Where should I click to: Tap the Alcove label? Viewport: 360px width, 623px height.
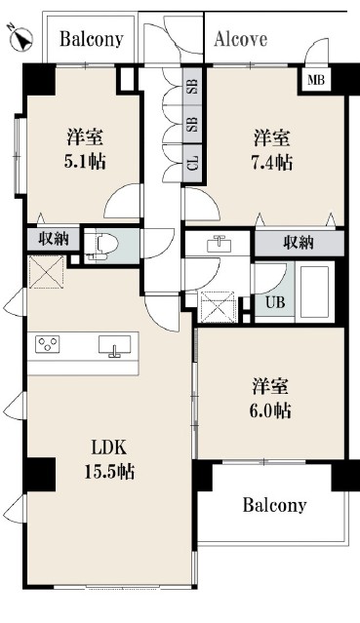pyautogui.click(x=241, y=39)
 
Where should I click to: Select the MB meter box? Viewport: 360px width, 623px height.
pyautogui.click(x=317, y=81)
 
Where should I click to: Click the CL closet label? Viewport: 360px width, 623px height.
pyautogui.click(x=193, y=164)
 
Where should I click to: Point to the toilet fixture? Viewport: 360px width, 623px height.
pyautogui.click(x=101, y=247)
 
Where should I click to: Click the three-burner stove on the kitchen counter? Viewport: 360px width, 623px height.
pyautogui.click(x=48, y=344)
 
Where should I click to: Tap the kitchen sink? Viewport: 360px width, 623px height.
pyautogui.click(x=114, y=344)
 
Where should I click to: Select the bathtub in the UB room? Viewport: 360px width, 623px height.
pyautogui.click(x=315, y=292)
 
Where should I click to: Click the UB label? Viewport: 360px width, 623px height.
pyautogui.click(x=275, y=302)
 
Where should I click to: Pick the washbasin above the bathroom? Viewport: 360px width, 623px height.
pyautogui.click(x=218, y=243)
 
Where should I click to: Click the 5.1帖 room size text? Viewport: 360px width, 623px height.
pyautogui.click(x=85, y=162)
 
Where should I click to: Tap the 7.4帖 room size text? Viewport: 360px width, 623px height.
pyautogui.click(x=272, y=162)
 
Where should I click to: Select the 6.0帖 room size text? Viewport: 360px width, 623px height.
pyautogui.click(x=270, y=410)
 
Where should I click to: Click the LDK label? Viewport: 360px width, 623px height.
pyautogui.click(x=109, y=448)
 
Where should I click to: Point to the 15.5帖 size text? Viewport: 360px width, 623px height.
pyautogui.click(x=109, y=471)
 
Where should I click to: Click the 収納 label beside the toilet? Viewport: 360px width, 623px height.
pyautogui.click(x=54, y=239)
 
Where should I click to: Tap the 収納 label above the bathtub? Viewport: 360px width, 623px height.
pyautogui.click(x=299, y=242)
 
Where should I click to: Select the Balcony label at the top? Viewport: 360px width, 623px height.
pyautogui.click(x=92, y=40)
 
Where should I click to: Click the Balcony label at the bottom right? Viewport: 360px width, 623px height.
pyautogui.click(x=274, y=505)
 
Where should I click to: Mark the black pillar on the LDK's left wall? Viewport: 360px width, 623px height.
pyautogui.click(x=39, y=475)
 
